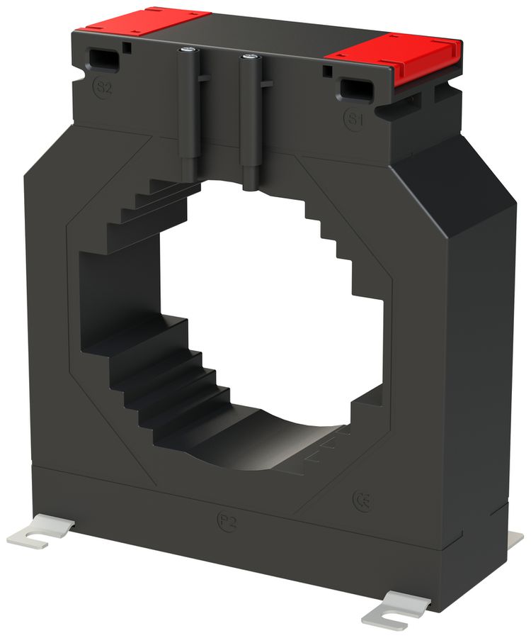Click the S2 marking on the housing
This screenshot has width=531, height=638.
[104, 88]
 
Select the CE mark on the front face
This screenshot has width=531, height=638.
[362, 500]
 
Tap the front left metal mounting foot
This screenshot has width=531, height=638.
[39, 532]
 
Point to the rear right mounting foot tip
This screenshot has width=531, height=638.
[515, 539]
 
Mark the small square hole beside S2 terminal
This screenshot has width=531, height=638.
[125, 47]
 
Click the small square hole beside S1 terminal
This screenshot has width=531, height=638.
[327, 72]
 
